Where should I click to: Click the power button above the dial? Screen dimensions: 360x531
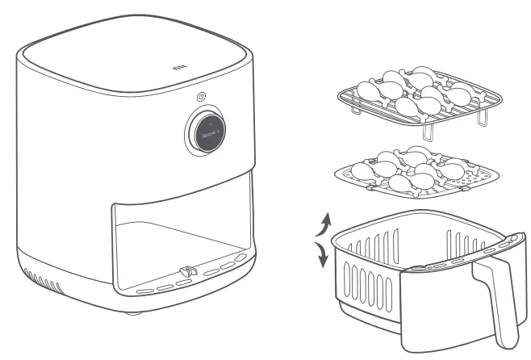[200, 97]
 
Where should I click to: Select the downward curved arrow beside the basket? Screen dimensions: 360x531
[322, 257]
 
